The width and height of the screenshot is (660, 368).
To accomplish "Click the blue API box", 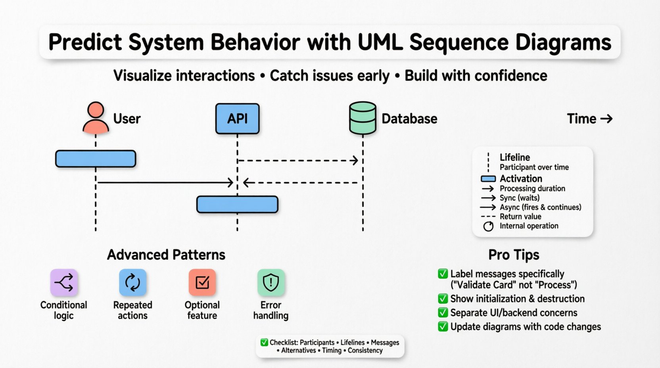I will [x=237, y=119].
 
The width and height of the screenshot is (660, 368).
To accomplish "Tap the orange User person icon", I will [x=96, y=118].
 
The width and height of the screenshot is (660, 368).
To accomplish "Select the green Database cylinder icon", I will [x=363, y=118].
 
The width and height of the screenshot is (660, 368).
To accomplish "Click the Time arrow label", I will [x=589, y=119].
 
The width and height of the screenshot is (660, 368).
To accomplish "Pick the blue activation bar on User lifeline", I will [x=96, y=159].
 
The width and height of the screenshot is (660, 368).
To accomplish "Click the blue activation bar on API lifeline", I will [x=237, y=205].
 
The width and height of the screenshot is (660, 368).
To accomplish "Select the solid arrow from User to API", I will [x=165, y=182].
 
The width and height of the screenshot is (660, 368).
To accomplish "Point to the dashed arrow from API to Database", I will [x=297, y=161].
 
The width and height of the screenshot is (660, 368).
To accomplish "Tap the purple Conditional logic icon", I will [x=64, y=283].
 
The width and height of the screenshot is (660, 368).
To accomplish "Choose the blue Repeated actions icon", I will [x=132, y=283].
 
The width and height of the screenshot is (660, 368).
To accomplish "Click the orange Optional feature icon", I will [x=202, y=283].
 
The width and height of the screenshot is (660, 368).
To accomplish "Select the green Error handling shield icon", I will [x=271, y=283].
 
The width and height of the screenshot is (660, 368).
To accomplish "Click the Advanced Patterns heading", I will [x=166, y=255].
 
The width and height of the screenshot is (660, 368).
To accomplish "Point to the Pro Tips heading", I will [x=514, y=255].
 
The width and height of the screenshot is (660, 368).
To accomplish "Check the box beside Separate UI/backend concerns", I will [x=443, y=312].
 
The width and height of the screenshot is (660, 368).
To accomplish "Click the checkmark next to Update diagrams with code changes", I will [x=443, y=326].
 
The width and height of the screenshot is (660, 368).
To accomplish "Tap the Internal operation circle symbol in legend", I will [x=488, y=226].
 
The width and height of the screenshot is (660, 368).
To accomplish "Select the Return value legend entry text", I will [x=520, y=217].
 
